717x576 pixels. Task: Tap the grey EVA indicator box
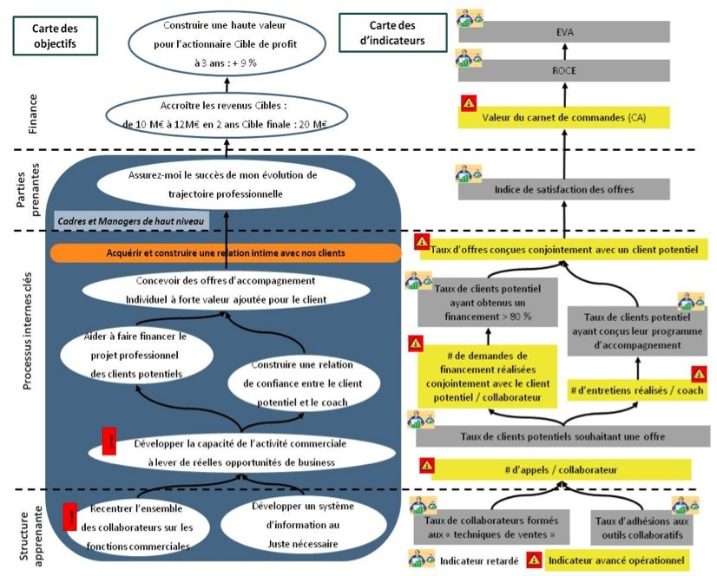point(564,32)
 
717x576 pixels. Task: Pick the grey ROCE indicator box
point(564,71)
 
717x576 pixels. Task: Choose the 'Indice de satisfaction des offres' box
point(564,189)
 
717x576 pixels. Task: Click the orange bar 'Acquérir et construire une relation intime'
point(226,253)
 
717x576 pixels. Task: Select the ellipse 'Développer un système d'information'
point(297,525)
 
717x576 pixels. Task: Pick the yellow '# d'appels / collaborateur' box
point(560,469)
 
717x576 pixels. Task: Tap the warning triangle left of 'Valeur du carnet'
point(468,104)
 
